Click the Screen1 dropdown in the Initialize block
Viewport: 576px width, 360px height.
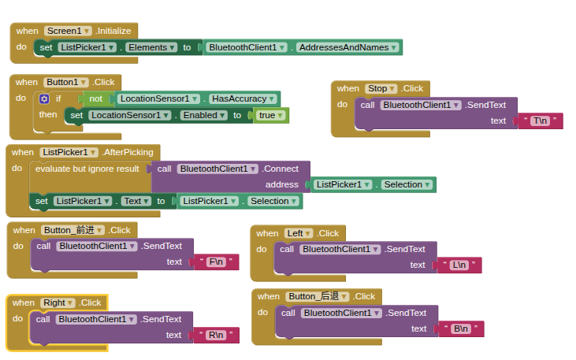tap(68, 31)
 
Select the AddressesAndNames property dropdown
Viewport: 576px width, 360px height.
tap(347, 47)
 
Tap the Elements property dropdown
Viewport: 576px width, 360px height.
tap(151, 47)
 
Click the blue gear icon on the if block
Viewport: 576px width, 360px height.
tap(44, 98)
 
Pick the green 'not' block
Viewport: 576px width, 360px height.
tap(95, 98)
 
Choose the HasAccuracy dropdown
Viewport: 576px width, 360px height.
tap(243, 98)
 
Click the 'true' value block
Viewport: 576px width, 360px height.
tap(270, 115)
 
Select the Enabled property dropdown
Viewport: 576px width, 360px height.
tap(203, 115)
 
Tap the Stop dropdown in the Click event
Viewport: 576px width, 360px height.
tap(381, 88)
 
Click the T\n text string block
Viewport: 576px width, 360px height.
tap(541, 121)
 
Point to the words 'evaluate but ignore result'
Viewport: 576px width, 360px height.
tap(87, 169)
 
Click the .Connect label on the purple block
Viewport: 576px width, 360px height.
tap(281, 169)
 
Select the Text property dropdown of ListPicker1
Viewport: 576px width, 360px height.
tap(136, 201)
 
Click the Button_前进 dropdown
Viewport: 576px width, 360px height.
tap(72, 230)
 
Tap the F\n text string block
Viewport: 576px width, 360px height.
tap(217, 262)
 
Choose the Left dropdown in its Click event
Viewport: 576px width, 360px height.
tap(299, 233)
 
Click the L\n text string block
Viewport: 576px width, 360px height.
tap(459, 265)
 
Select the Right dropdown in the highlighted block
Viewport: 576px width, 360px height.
tap(58, 302)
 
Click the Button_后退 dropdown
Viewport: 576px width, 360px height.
tap(318, 296)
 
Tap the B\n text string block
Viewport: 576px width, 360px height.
tap(461, 328)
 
